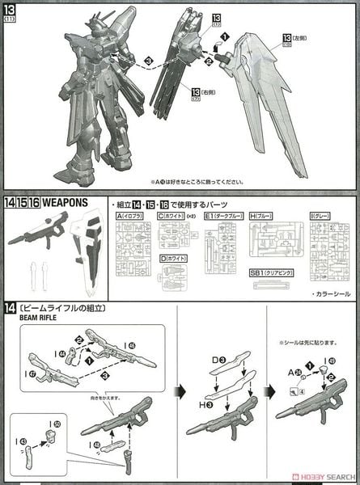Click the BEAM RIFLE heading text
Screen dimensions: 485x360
coord(19,318)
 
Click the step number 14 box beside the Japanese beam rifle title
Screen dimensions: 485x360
coord(9,308)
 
